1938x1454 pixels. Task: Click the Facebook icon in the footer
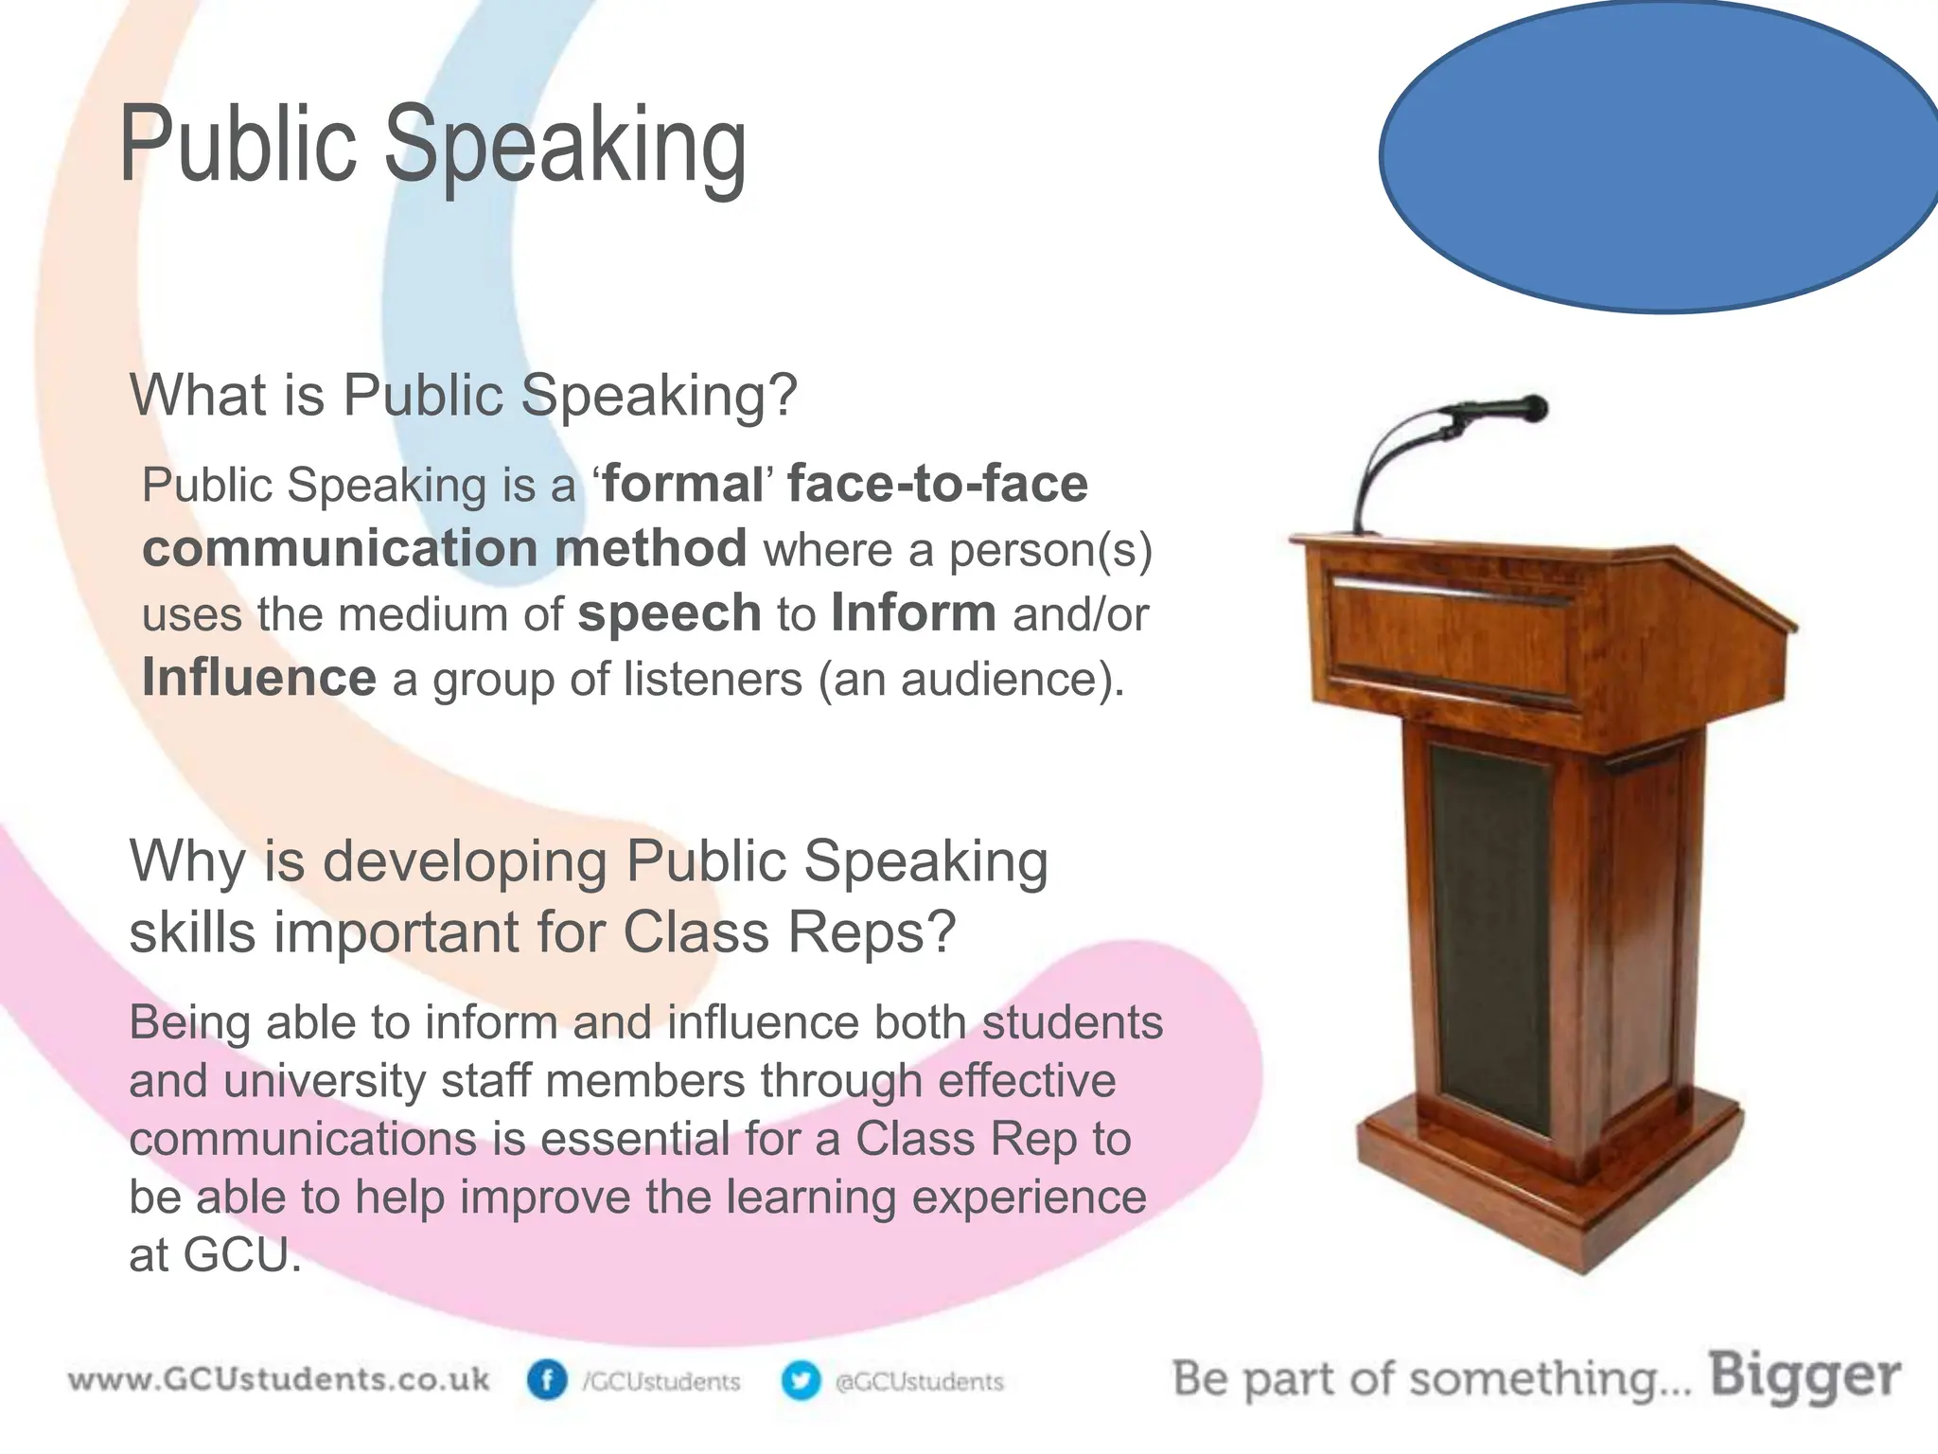547,1381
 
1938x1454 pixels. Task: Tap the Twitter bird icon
801,1381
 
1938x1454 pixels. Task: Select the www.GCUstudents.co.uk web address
279,1378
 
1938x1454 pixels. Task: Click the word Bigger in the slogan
1805,1375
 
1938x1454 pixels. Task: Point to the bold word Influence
259,678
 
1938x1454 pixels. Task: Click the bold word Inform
913,613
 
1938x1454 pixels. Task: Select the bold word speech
669,613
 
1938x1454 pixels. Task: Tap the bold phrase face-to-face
938,484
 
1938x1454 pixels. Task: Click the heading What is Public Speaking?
464,395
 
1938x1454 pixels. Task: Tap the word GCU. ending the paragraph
241,1255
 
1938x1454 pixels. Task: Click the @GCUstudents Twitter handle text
919,1382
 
